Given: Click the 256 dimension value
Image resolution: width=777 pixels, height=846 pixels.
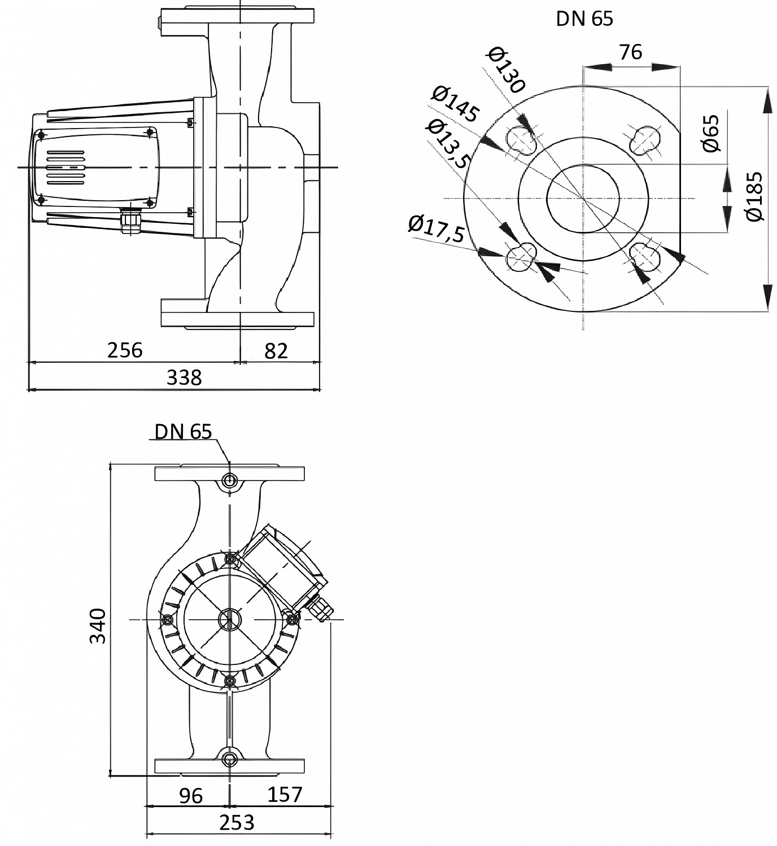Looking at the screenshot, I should pyautogui.click(x=125, y=350).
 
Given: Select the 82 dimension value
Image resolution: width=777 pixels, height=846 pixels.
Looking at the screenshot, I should pyautogui.click(x=276, y=351).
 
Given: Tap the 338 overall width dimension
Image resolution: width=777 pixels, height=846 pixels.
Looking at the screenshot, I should pyautogui.click(x=184, y=377).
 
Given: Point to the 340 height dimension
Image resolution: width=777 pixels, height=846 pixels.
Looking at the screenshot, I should pyautogui.click(x=98, y=625).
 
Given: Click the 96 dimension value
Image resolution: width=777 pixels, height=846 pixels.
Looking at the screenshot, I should pyautogui.click(x=191, y=796).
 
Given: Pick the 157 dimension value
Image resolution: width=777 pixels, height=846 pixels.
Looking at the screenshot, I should pyautogui.click(x=285, y=795).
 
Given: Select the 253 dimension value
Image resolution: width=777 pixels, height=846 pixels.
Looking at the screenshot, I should pyautogui.click(x=238, y=823).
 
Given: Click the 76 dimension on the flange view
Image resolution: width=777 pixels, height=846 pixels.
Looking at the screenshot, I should pyautogui.click(x=631, y=52).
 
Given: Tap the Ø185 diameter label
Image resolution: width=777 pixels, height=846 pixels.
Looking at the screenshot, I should pyautogui.click(x=754, y=196).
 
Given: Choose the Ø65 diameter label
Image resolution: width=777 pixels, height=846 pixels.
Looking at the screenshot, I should pyautogui.click(x=711, y=133).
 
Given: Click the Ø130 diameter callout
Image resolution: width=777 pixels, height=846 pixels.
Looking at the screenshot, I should pyautogui.click(x=507, y=70).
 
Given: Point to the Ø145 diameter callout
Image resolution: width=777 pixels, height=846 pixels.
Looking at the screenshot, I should pyautogui.click(x=455, y=104).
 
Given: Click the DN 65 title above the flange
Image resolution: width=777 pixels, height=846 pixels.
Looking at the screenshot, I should pyautogui.click(x=584, y=19).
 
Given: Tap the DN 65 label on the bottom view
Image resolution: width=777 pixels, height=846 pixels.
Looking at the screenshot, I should pyautogui.click(x=184, y=431).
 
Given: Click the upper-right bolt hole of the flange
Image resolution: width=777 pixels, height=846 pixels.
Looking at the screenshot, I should pyautogui.click(x=644, y=139).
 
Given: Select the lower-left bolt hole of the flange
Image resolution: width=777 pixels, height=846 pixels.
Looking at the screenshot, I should pyautogui.click(x=521, y=257).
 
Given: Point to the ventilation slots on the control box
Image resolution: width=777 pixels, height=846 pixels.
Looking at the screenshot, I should pyautogui.click(x=66, y=167).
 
